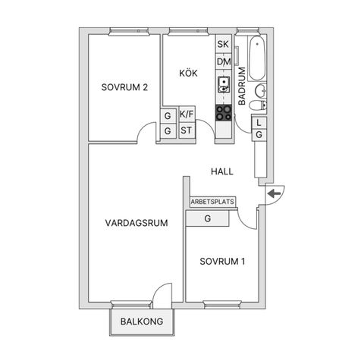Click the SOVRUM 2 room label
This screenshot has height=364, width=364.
124,87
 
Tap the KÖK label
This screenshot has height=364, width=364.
188,73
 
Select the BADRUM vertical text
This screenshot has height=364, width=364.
242,86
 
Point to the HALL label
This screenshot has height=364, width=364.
222,171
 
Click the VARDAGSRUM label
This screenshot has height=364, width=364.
136,223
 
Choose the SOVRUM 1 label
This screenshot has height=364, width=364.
222,262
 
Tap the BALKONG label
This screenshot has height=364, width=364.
142,322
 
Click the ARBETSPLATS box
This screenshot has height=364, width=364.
212,202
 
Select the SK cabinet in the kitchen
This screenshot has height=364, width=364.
224,44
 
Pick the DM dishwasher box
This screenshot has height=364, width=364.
224,61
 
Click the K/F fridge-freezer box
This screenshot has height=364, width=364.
187,115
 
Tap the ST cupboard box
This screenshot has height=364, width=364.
187,130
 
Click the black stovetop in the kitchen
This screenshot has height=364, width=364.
224,113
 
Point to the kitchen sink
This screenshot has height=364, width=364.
224,85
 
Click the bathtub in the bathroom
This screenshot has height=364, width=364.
257,58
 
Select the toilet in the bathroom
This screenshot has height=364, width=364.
258,105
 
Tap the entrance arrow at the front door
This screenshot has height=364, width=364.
275,194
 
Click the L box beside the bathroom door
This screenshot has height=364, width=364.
259,123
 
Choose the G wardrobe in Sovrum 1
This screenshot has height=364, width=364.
208,218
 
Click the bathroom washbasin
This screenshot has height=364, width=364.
260,90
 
